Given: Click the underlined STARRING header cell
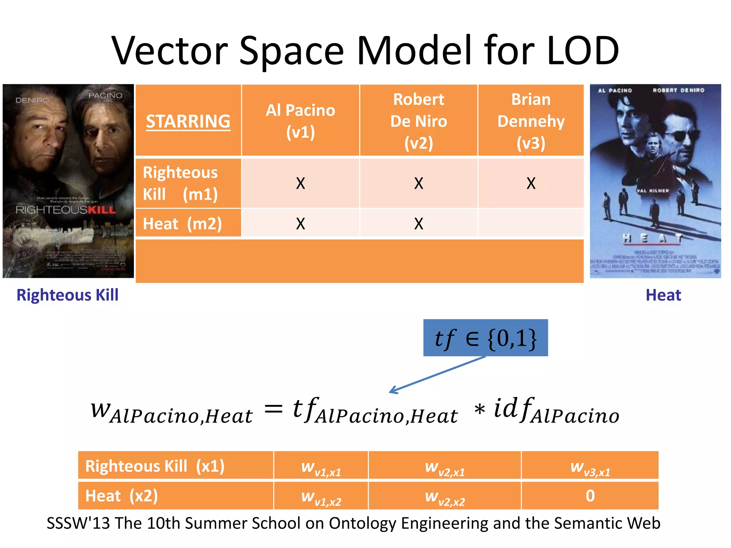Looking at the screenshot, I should [188, 121].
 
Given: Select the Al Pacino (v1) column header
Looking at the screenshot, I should [301, 121].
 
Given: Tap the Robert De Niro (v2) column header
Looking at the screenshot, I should [418, 121].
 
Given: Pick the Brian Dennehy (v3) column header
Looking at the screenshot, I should [531, 121].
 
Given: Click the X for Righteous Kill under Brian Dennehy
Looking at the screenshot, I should [531, 183].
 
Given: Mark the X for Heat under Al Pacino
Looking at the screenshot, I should [301, 224].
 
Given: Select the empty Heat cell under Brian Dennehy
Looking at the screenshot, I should [531, 223].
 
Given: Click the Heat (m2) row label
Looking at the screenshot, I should [182, 224].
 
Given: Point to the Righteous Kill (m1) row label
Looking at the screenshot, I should [180, 183].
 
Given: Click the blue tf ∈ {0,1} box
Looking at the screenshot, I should [485, 338].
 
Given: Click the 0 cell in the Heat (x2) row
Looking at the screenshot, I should [590, 496].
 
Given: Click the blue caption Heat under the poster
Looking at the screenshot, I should [663, 295].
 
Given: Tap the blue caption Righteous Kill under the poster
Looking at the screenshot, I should [67, 295].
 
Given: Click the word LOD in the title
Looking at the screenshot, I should [583, 51].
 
